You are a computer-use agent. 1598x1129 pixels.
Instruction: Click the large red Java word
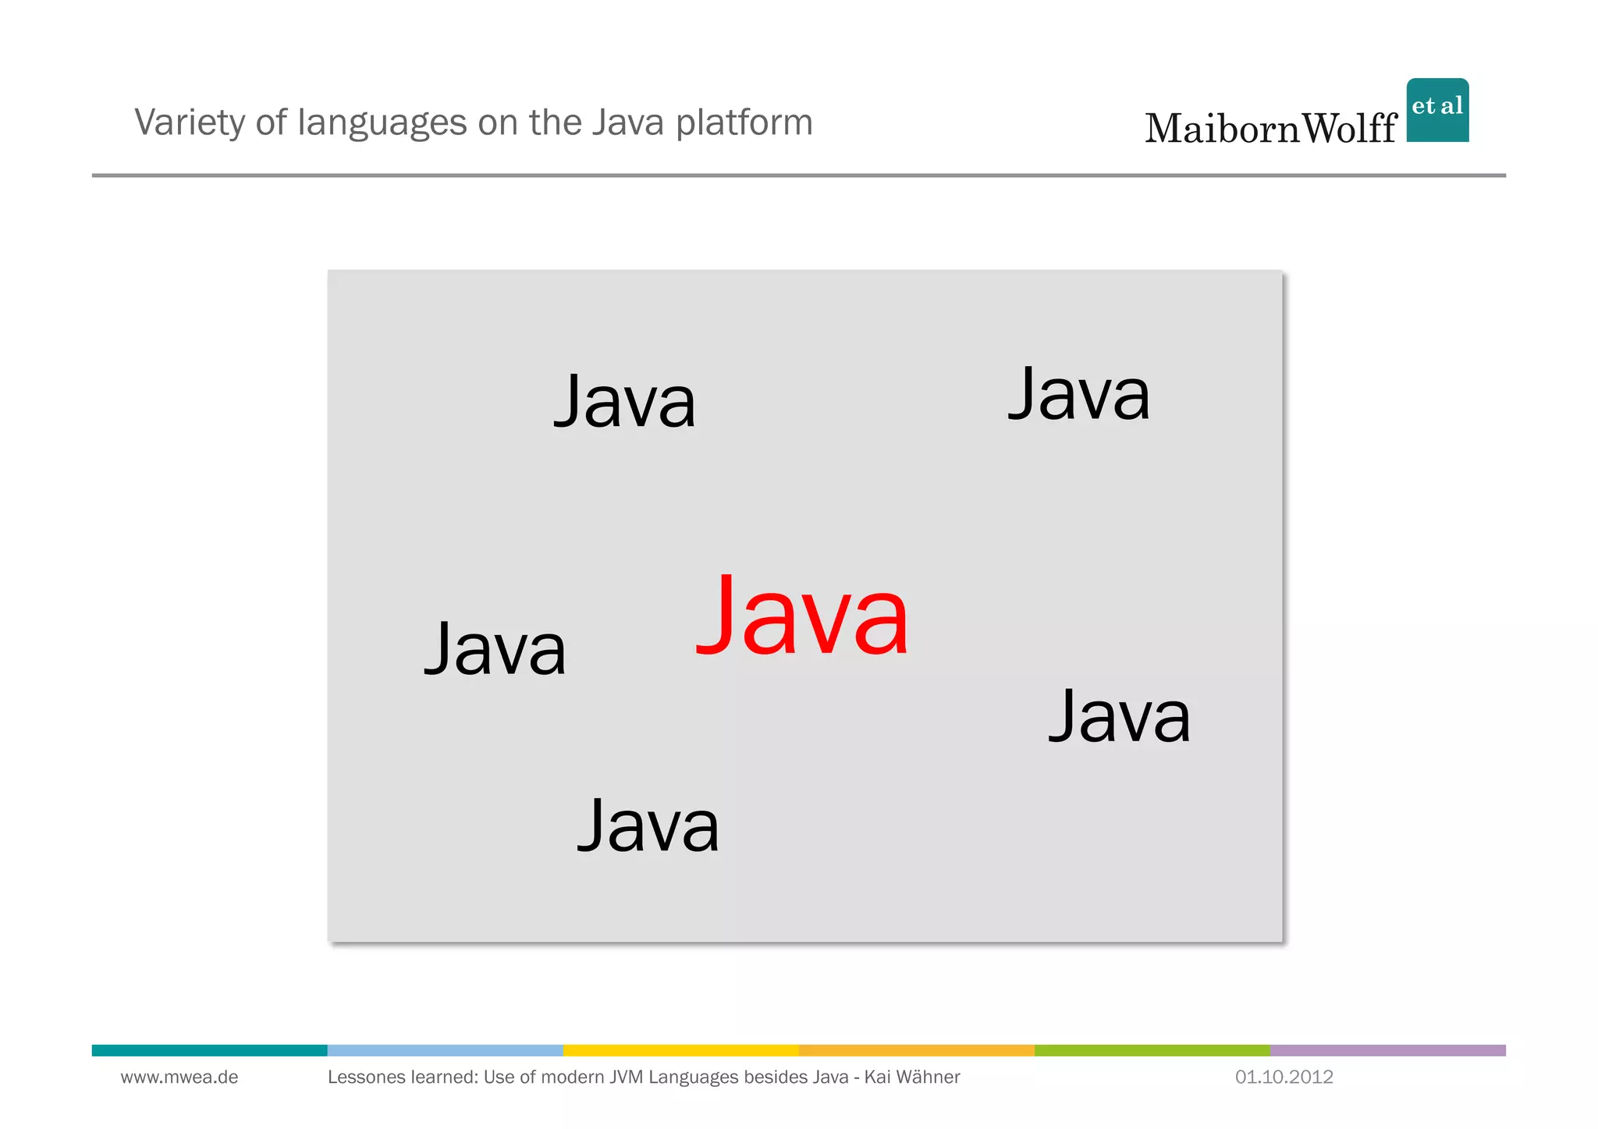click(802, 616)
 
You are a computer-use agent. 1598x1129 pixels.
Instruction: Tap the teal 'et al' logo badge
click(1437, 110)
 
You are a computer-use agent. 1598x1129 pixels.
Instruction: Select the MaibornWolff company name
click(1270, 129)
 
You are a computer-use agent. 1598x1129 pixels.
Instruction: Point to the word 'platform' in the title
click(744, 122)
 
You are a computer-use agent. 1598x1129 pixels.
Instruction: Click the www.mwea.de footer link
click(179, 1078)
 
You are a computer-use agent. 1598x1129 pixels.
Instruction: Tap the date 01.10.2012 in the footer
click(1284, 1078)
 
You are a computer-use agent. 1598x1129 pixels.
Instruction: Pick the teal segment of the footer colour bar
click(209, 1050)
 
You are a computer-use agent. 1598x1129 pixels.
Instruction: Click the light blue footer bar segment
click(445, 1050)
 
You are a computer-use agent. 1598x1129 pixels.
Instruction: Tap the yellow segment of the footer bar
click(680, 1050)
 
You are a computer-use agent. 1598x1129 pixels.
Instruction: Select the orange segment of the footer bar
click(916, 1050)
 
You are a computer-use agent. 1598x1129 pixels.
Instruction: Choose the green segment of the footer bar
click(1152, 1050)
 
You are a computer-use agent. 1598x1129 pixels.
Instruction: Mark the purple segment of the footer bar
click(1387, 1050)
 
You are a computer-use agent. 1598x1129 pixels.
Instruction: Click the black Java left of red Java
click(495, 649)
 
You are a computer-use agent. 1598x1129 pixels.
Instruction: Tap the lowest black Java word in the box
click(648, 825)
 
